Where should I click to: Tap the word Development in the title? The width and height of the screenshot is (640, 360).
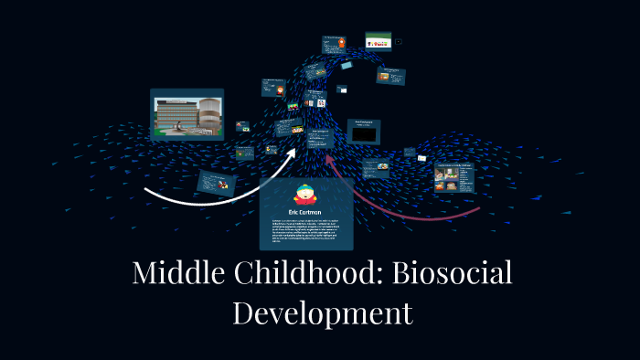[x=322, y=312]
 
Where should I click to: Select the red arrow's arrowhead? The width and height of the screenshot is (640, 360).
[x=332, y=166]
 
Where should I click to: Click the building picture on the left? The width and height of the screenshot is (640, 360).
[x=187, y=113]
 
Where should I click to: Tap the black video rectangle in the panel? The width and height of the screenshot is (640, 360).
[x=364, y=134]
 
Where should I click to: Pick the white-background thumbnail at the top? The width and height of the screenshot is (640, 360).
[x=379, y=41]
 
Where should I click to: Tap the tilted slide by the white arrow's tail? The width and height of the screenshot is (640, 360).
[x=217, y=184]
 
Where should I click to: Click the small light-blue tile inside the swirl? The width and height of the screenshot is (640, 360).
[x=347, y=66]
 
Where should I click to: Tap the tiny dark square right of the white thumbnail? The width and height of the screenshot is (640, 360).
[x=399, y=41]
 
